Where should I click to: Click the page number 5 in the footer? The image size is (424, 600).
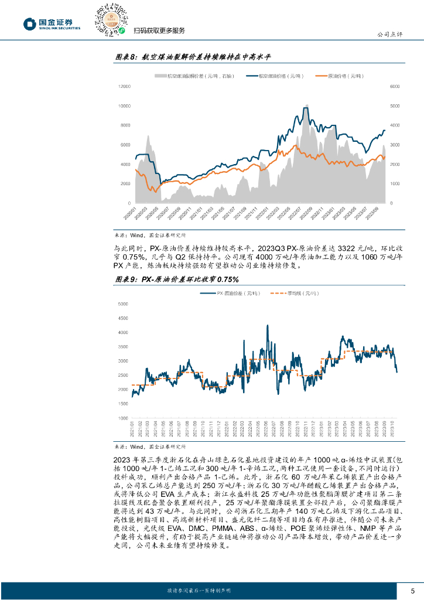[412, 590]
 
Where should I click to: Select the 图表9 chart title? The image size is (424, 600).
[173, 279]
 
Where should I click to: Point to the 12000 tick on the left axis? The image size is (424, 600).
[124, 86]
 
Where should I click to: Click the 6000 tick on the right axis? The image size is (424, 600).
[395, 86]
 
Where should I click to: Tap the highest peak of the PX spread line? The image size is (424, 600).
[268, 325]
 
